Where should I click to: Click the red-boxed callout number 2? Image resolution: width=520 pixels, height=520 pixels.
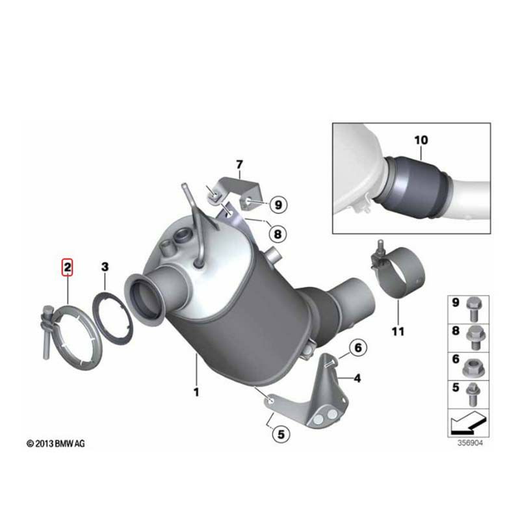click(68, 267)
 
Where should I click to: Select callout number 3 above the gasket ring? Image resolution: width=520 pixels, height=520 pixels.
click(105, 266)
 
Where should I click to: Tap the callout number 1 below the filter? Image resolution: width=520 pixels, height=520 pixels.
click(196, 392)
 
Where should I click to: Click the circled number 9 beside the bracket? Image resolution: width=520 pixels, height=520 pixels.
click(278, 205)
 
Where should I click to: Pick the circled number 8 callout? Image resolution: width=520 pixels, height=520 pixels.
click(278, 234)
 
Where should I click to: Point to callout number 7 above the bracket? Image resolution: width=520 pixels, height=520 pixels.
click(239, 164)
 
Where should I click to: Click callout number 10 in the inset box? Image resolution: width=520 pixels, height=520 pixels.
click(421, 140)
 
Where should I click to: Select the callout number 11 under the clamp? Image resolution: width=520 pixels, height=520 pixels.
click(398, 331)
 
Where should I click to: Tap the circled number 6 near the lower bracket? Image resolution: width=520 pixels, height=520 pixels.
click(358, 348)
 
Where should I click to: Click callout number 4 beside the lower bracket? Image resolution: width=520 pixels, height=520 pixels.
click(357, 378)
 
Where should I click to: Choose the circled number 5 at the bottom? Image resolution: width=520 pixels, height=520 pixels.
click(281, 434)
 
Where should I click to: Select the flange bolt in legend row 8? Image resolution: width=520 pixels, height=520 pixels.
click(475, 337)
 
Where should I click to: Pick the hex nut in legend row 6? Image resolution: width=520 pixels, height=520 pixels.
click(475, 367)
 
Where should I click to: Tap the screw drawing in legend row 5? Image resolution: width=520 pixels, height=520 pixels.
click(473, 395)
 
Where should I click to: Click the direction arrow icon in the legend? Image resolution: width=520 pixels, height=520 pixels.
click(468, 423)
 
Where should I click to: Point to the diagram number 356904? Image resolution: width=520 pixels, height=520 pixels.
click(470, 443)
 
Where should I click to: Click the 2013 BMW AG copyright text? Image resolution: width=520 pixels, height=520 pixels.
click(56, 443)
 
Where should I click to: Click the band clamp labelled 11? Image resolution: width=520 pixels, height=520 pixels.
click(398, 270)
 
